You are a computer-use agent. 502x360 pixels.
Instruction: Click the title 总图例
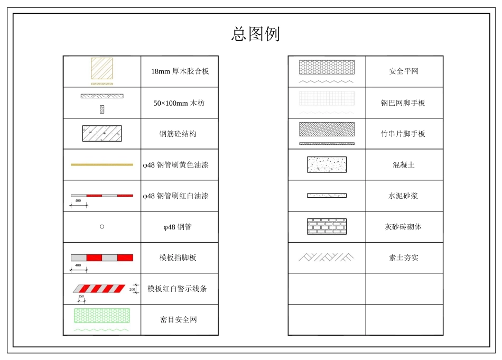(x=255, y=34)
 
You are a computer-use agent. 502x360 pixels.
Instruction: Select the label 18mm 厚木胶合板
(x=180, y=71)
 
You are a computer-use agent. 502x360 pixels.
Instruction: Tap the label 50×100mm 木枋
(x=179, y=103)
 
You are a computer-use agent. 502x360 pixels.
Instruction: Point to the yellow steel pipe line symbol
(x=102, y=164)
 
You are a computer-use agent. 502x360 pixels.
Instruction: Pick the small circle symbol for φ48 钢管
(x=102, y=227)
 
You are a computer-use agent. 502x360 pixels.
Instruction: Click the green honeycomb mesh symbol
(x=102, y=316)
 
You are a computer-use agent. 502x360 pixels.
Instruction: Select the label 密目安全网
(x=179, y=320)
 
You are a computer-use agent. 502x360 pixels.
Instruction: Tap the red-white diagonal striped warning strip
(x=99, y=288)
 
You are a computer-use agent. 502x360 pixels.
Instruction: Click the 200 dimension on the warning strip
(x=133, y=289)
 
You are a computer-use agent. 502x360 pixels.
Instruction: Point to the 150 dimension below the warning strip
(x=81, y=297)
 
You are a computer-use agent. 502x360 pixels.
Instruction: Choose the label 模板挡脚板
(x=178, y=257)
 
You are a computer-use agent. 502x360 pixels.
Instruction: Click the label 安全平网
(x=404, y=71)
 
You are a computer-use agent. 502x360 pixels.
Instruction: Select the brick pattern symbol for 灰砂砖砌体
(x=327, y=226)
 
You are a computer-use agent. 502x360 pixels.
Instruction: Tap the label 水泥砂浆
(x=403, y=196)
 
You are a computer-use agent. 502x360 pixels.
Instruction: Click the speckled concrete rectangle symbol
(x=327, y=164)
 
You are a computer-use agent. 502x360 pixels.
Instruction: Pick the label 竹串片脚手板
(x=403, y=134)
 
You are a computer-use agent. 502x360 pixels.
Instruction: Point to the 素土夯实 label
(x=404, y=257)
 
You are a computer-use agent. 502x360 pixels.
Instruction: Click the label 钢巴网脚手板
(x=403, y=103)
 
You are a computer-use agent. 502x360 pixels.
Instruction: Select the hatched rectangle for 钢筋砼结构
(x=101, y=133)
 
